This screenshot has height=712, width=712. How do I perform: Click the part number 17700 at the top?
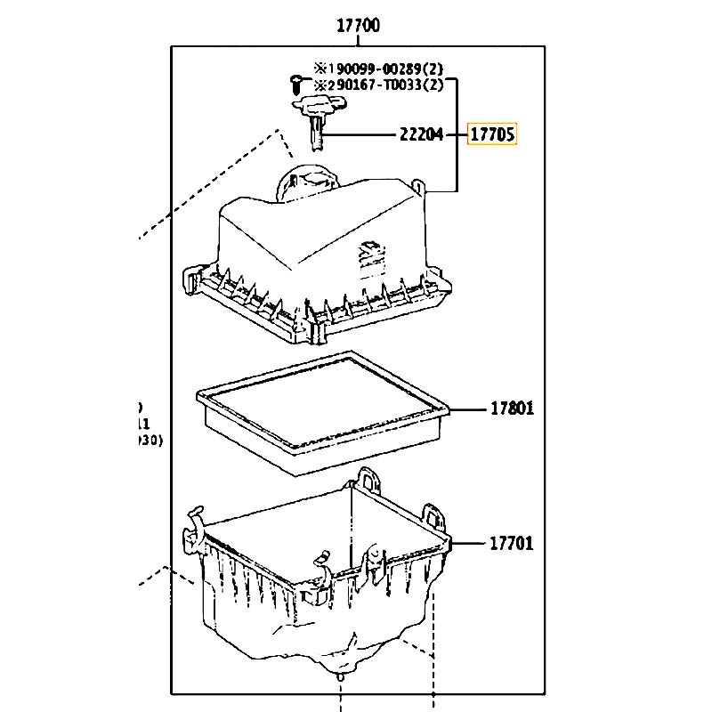[x=358, y=25]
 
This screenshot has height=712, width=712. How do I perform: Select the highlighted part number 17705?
[x=492, y=135]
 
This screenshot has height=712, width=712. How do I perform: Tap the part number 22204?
[x=420, y=135]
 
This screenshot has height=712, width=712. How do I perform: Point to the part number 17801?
[x=511, y=409]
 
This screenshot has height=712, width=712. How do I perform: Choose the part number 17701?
[x=511, y=542]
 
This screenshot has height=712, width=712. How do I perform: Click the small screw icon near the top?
[x=295, y=84]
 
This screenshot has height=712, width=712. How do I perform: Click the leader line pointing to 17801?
[x=467, y=409]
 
